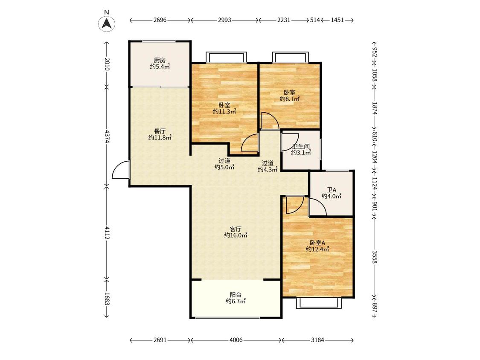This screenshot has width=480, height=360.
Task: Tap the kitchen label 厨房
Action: [x=160, y=60]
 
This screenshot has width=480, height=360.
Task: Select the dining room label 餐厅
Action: [x=160, y=131]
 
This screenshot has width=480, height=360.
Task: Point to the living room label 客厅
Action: [x=236, y=229]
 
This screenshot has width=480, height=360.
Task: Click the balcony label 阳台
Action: [x=236, y=295]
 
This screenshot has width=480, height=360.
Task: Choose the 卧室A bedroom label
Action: [x=317, y=243]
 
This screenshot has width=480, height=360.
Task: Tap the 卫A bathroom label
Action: [x=332, y=190]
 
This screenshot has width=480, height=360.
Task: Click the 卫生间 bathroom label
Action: [x=301, y=146]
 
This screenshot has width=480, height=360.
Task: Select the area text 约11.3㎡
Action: [x=224, y=111]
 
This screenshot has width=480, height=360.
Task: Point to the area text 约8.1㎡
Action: [x=290, y=99]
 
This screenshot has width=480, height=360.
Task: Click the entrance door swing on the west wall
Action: [x=121, y=170]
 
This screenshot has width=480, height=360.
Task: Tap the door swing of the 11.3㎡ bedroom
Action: [x=250, y=142]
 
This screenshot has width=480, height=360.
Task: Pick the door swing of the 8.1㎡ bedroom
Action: [x=270, y=121]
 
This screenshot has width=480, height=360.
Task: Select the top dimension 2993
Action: [x=224, y=20]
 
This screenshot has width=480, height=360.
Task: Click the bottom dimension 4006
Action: [x=236, y=340]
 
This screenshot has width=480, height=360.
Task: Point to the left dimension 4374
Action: [x=107, y=136]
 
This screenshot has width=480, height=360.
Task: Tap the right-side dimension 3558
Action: [x=375, y=257]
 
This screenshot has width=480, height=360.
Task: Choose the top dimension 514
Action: [x=315, y=20]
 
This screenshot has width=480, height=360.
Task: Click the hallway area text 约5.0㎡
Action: [x=224, y=167]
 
